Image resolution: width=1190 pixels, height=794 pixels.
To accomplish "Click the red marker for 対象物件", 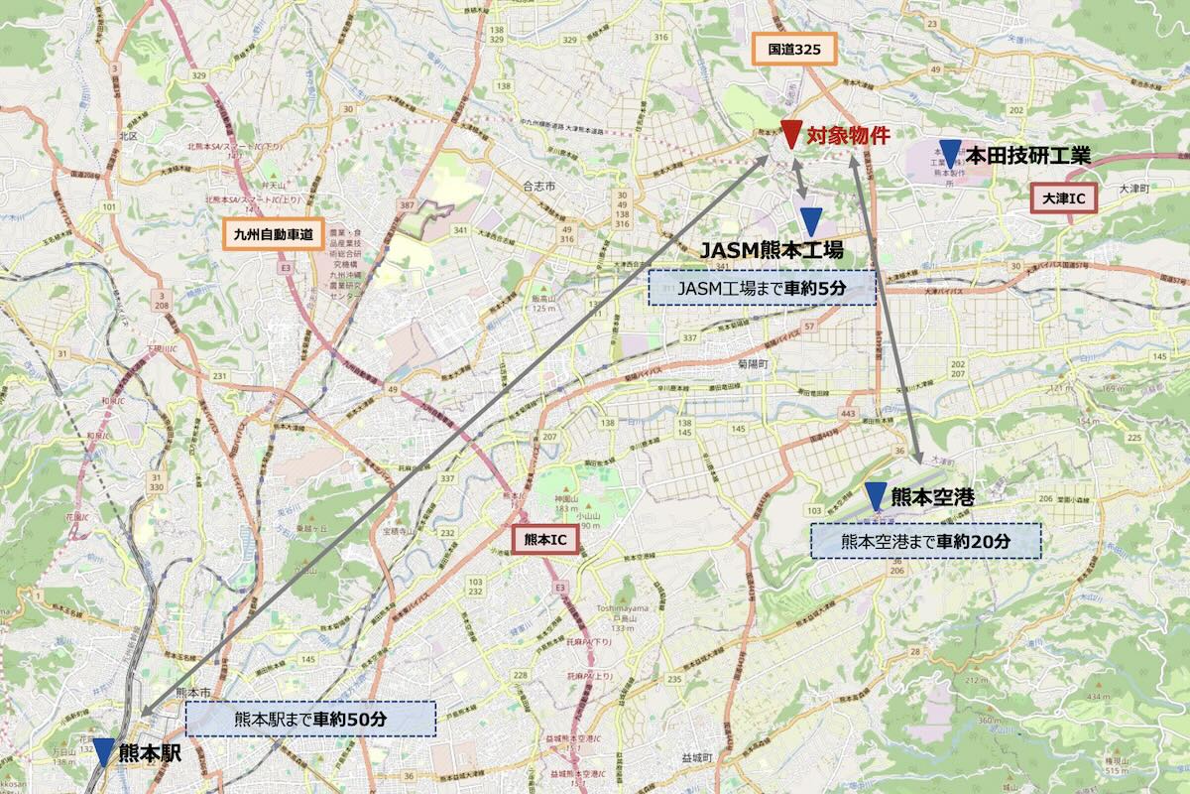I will [x=790, y=134].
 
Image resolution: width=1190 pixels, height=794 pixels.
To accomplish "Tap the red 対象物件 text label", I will [x=848, y=136].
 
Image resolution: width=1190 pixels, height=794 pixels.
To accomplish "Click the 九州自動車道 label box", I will [x=268, y=235].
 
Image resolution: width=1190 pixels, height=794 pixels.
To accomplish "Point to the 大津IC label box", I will [x=1064, y=198].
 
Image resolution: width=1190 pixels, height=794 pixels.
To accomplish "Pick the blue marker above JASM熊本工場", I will [x=811, y=221].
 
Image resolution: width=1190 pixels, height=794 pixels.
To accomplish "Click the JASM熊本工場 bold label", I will [x=772, y=249].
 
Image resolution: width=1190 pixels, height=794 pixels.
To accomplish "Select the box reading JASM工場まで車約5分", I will [x=763, y=288].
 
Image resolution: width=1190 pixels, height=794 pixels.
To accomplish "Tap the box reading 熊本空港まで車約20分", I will [x=926, y=541].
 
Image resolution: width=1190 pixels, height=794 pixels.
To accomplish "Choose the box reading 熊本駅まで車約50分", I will [x=310, y=719].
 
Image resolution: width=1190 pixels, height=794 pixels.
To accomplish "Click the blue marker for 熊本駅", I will [x=104, y=752].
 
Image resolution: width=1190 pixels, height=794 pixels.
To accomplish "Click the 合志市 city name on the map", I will [x=541, y=185].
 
